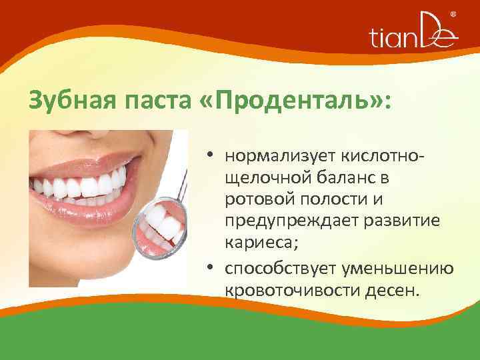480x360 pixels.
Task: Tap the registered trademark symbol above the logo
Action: pos(454,15)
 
